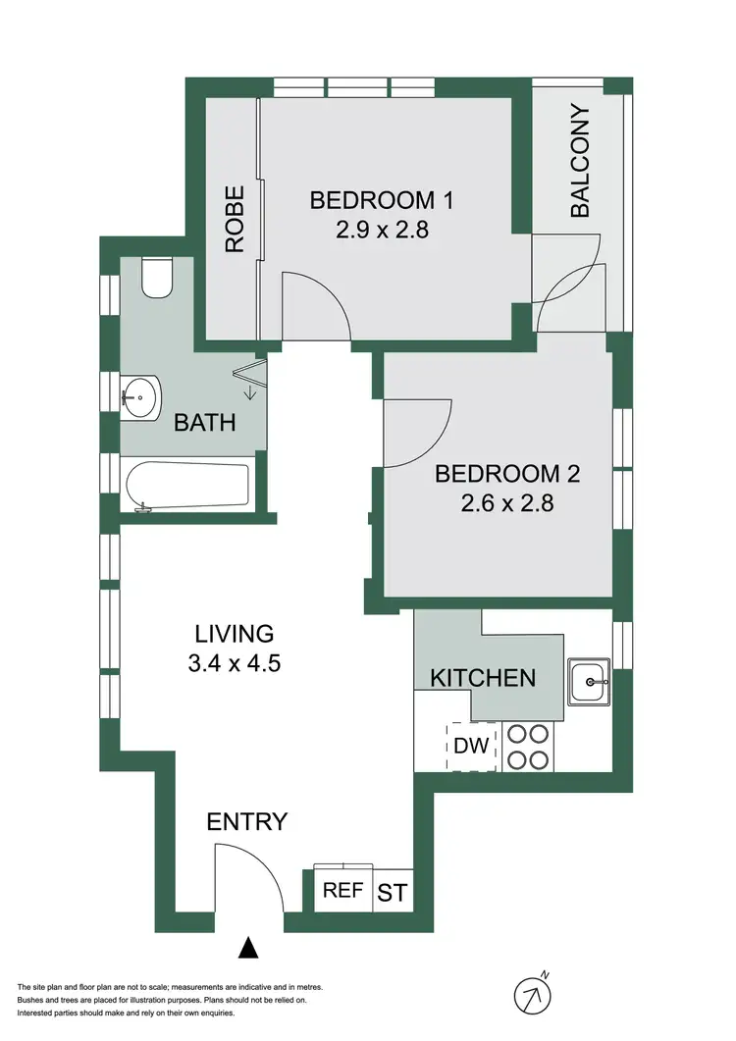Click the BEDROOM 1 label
point(382,201)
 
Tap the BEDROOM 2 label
point(506,475)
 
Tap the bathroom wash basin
point(140,398)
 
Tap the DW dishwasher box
point(472,746)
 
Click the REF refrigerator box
point(343,891)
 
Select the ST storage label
point(393,893)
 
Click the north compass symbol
point(532,995)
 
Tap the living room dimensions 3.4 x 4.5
point(234,663)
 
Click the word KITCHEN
point(484,677)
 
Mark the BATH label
point(205,423)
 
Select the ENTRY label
point(247,821)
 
